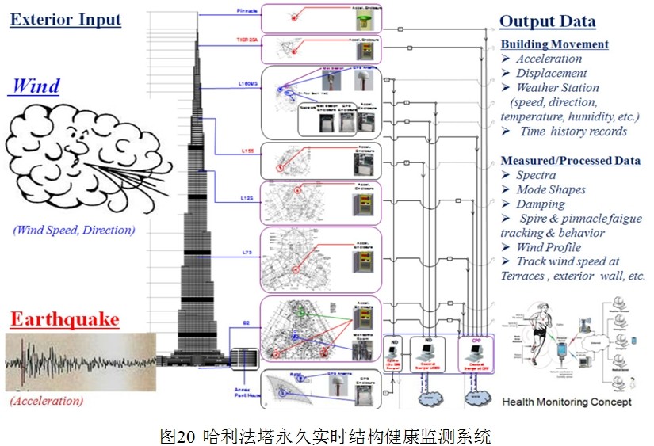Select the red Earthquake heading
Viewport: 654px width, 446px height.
tap(64, 320)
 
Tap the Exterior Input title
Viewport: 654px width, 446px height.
tap(65, 19)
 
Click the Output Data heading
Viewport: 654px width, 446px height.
tap(547, 22)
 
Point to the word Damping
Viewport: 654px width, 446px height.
tap(541, 204)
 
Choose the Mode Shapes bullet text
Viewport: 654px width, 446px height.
tap(551, 189)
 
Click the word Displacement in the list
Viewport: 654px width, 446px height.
tap(552, 73)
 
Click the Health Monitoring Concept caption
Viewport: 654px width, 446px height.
tap(567, 402)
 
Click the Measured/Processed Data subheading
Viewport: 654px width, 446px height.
tap(570, 160)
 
